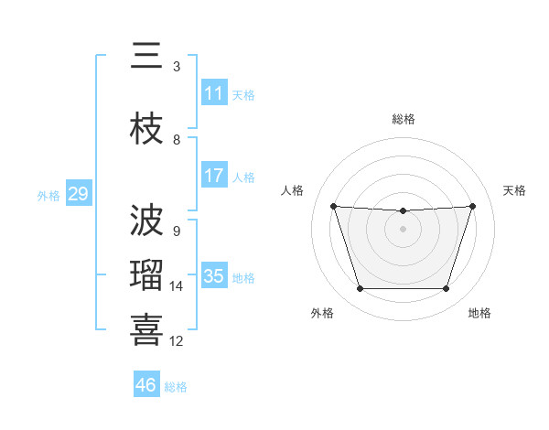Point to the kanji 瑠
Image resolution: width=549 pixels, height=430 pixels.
tap(147, 276)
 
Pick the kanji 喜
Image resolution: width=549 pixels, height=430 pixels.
tap(147, 330)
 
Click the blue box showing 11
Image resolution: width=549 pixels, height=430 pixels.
tap(214, 93)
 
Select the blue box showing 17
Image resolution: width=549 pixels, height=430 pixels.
tap(214, 176)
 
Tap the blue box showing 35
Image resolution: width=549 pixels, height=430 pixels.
tap(214, 276)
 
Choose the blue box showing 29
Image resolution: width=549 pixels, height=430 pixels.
tap(78, 194)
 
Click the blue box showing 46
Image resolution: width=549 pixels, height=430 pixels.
tap(146, 385)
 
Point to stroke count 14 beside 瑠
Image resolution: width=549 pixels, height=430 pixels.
tap(177, 286)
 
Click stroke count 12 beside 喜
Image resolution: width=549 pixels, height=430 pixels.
tap(177, 341)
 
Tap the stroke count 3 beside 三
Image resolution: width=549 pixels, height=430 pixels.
tap(177, 67)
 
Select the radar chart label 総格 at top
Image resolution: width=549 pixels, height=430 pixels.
tap(404, 119)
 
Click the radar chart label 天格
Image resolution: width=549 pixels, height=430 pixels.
tap(515, 190)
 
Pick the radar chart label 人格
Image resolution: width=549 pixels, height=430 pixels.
tap(293, 190)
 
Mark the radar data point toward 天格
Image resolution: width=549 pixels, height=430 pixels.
tap(472, 206)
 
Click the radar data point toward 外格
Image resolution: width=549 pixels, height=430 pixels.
tap(360, 289)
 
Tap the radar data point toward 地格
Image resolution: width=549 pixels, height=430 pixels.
tap(446, 289)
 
